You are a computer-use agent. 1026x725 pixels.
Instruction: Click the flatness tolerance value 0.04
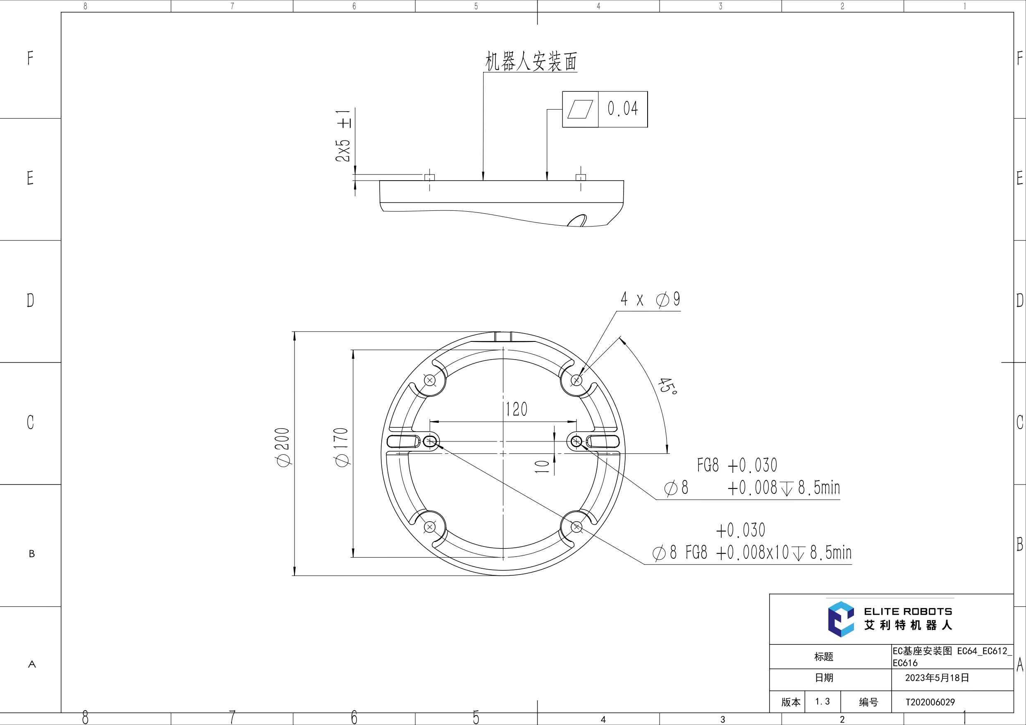click(x=622, y=109)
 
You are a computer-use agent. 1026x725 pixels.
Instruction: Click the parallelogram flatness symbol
click(x=580, y=110)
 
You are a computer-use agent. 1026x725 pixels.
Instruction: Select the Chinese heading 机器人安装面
click(x=531, y=61)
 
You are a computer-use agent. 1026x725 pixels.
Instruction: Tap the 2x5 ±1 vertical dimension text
click(x=343, y=135)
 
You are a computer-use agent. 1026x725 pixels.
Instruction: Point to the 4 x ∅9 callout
click(x=650, y=299)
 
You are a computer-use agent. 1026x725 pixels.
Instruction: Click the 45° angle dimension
click(x=667, y=386)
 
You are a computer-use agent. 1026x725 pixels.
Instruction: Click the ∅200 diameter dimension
click(x=283, y=447)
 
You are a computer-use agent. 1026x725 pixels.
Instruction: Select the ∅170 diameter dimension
click(x=342, y=447)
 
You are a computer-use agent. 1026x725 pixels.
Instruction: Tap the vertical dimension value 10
click(x=542, y=466)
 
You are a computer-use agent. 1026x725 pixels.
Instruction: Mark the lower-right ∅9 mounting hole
click(x=576, y=527)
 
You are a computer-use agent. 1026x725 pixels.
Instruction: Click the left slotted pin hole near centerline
click(x=430, y=442)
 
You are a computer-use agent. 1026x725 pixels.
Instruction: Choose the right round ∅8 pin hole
click(x=576, y=441)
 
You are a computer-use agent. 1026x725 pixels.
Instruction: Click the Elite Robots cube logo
click(x=841, y=619)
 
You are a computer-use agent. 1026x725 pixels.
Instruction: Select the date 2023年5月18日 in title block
click(x=937, y=677)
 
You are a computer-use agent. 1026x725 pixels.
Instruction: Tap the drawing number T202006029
click(x=930, y=702)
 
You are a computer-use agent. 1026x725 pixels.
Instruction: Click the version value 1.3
click(x=822, y=702)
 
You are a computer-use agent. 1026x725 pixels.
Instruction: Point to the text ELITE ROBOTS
click(x=908, y=611)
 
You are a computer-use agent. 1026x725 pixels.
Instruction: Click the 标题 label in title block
click(x=823, y=657)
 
